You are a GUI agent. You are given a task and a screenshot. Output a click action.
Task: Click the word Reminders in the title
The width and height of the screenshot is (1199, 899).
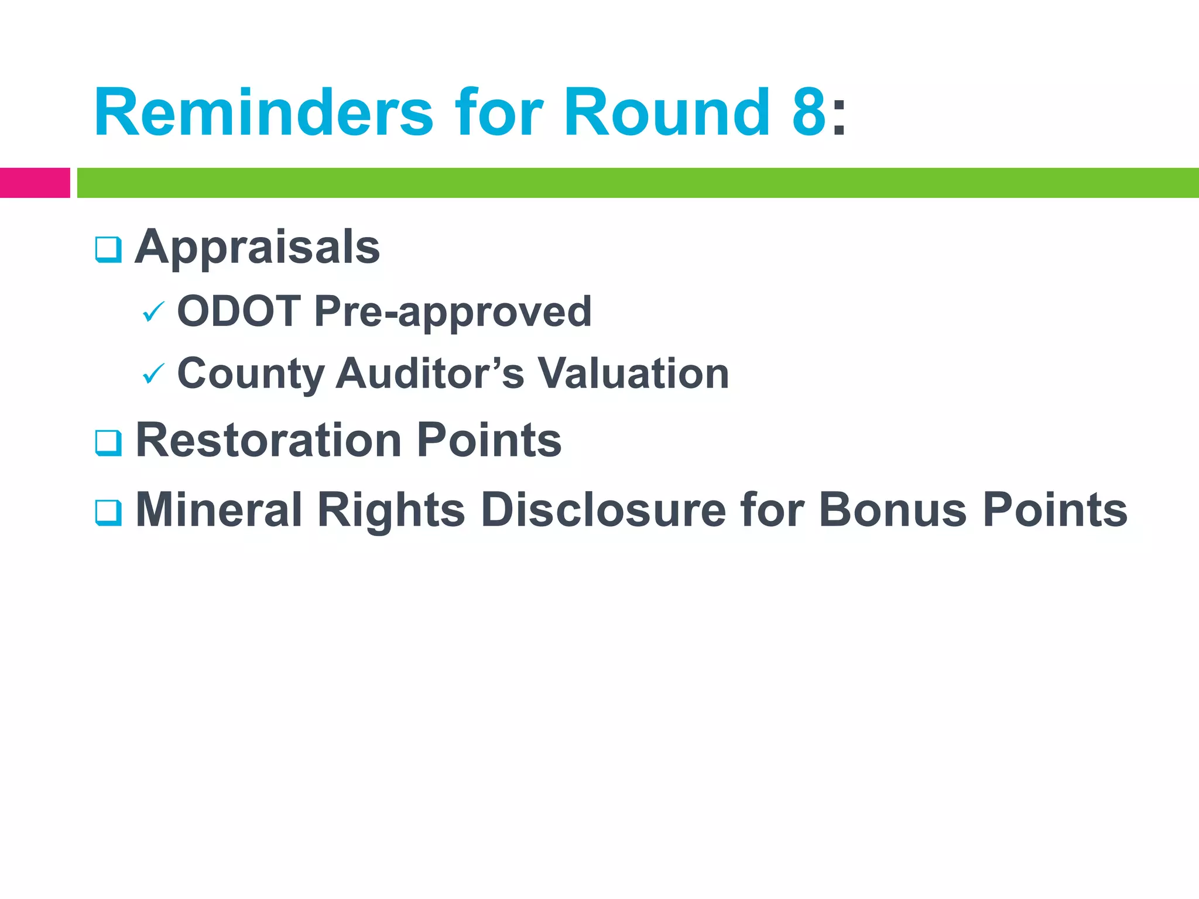click(263, 112)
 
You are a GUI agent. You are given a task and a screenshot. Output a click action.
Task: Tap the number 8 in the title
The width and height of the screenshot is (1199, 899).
click(809, 112)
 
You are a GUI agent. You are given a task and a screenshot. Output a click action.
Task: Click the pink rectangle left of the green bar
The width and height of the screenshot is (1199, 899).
click(35, 183)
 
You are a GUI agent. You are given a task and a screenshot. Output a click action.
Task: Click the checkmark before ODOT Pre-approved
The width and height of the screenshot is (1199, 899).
click(154, 312)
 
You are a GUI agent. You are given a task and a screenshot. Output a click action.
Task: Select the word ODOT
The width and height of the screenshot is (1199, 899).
click(239, 311)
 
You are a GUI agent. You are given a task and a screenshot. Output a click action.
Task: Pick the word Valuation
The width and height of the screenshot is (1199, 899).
click(633, 373)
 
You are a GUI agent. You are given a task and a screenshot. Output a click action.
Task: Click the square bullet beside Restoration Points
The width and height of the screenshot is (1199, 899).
click(108, 443)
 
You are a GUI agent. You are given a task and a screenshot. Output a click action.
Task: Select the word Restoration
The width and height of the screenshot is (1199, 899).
click(269, 440)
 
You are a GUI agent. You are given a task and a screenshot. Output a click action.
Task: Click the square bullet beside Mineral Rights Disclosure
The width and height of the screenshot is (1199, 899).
click(108, 513)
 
